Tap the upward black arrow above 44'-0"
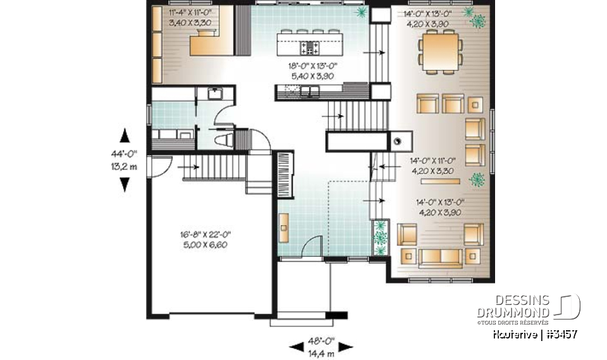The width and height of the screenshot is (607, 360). (125, 136)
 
